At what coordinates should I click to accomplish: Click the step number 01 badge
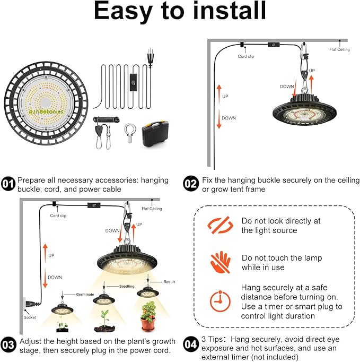coord(8,184)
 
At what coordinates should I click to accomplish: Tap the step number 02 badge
coord(191,184)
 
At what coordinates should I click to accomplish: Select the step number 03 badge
coord(8,345)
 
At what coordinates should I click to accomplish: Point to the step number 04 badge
coord(191,345)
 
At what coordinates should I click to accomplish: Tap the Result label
coord(169,282)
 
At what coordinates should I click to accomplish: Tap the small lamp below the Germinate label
coord(63,309)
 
